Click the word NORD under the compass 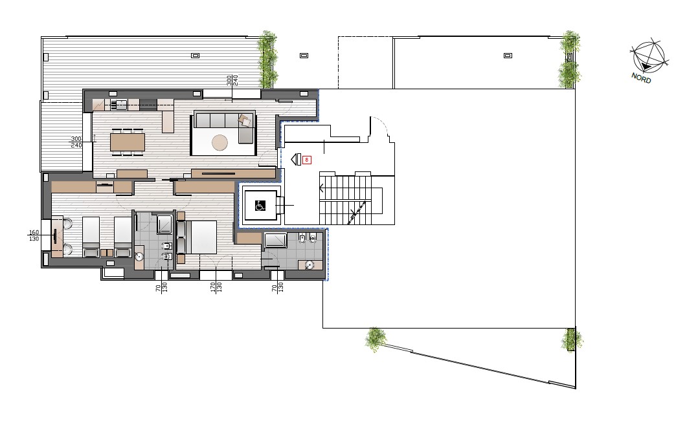641,78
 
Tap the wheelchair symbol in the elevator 260,206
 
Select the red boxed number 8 307,160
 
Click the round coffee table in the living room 220,142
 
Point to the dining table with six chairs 128,142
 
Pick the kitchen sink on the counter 118,104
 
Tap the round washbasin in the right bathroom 309,265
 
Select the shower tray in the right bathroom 275,240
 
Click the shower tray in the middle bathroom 164,224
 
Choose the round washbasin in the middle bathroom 139,257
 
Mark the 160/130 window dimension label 34,235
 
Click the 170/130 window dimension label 216,287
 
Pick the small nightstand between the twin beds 106,253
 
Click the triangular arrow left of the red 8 296,160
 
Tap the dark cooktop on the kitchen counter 148,104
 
